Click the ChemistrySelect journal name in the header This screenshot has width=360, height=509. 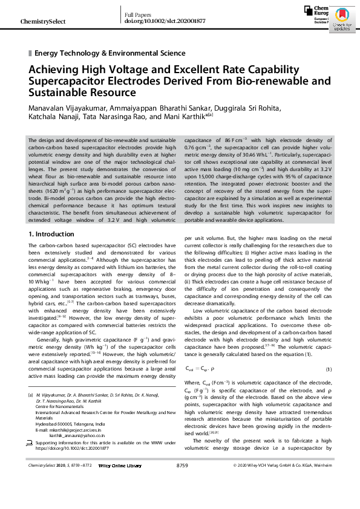point(43,22)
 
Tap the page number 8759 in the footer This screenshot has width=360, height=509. point(182,482)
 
